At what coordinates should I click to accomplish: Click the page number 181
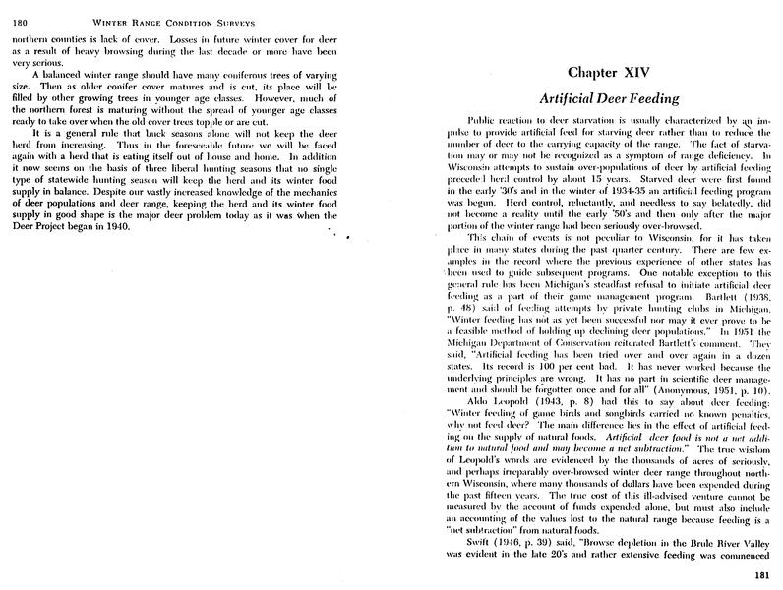[766, 575]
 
